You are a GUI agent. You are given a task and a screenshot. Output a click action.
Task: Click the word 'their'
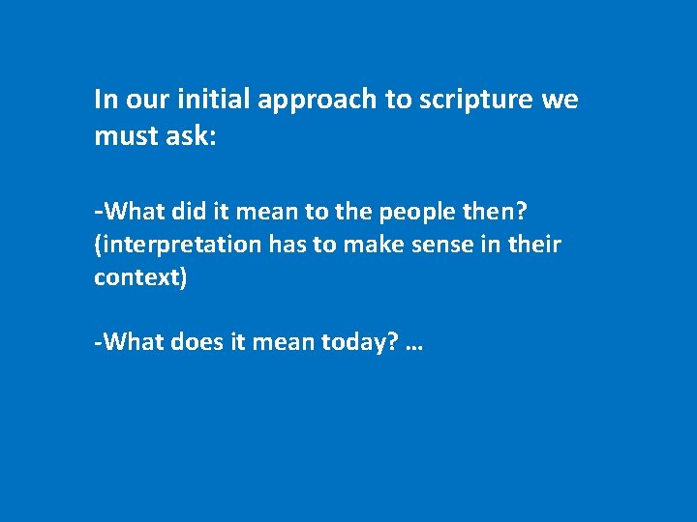click(x=535, y=246)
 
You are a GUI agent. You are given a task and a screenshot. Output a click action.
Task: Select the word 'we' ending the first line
click(x=561, y=101)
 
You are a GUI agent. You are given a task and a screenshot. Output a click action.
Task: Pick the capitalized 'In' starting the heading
click(x=104, y=100)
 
